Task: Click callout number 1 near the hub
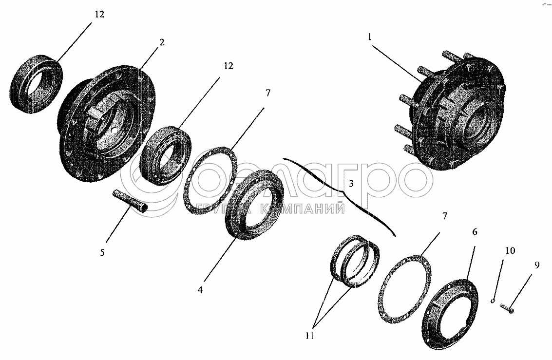pos(370,37)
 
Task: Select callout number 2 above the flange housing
pos(162,42)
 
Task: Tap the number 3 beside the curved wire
pos(351,183)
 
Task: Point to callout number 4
pos(200,290)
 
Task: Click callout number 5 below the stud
pos(102,252)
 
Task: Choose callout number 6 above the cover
pos(475,231)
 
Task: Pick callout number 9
pos(536,265)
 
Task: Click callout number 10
pos(510,250)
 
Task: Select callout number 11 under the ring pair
pos(309,336)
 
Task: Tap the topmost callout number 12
pos(99,15)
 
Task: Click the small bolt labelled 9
pos(506,308)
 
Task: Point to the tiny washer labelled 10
pos(493,301)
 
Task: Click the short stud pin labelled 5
pos(130,202)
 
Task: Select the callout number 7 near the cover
pos(445,216)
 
